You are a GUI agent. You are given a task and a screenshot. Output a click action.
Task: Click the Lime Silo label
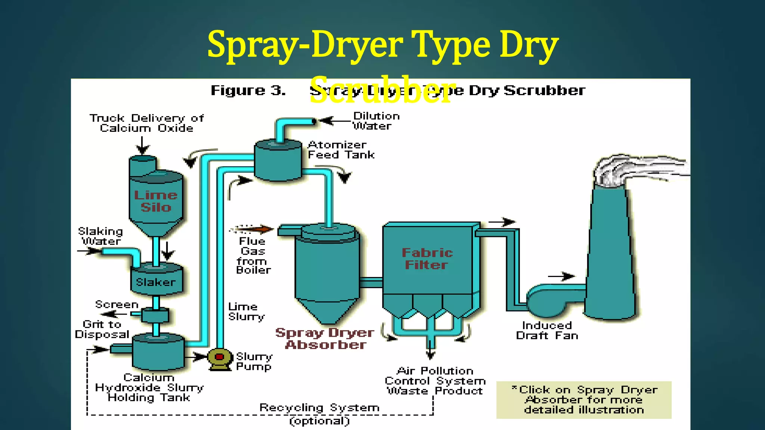156,201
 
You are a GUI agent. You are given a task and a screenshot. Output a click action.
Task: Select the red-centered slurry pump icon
219,357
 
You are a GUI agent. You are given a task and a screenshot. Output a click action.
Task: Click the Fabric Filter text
427,259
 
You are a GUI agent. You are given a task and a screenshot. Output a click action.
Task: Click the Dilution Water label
376,121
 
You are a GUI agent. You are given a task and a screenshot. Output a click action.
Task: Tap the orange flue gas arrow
254,229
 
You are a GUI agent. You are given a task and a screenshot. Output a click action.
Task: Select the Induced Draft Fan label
547,331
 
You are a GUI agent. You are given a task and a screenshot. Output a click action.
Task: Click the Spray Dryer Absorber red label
325,339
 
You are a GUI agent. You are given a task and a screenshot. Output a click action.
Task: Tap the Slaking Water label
100,236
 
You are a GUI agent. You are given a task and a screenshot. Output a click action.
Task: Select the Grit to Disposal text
102,329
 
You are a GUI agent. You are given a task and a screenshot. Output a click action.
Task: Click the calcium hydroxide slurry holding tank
158,352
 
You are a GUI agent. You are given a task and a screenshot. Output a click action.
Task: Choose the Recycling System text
319,408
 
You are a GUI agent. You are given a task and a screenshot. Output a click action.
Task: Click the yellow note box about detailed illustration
584,400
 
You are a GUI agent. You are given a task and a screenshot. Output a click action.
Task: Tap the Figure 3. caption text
248,90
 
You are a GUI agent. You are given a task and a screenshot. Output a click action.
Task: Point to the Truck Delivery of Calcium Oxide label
147,123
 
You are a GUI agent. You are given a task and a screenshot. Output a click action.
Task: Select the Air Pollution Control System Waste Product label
435,381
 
